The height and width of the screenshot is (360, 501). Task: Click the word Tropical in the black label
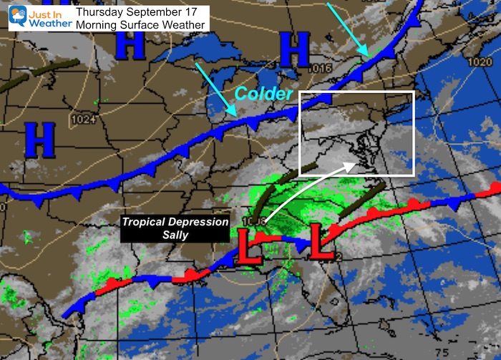pos(146,221)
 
